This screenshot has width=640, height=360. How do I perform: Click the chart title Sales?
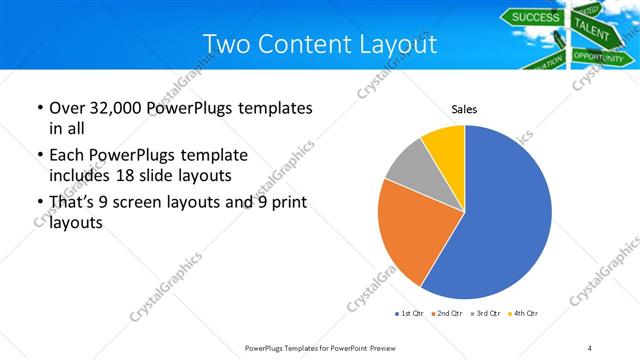464,107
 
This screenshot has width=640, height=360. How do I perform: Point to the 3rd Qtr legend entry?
484,314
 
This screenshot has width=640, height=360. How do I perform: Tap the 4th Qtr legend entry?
522,314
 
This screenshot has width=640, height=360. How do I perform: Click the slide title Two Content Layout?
319,45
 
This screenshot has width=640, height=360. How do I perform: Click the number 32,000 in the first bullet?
113,108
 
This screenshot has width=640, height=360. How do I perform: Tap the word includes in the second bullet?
81,177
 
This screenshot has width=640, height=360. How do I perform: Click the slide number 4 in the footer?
590,347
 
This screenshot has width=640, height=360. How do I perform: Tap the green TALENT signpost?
592,34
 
